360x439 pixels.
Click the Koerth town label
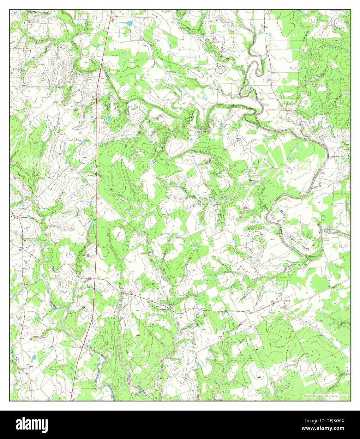click(24, 218)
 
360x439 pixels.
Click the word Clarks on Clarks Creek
click(54, 305)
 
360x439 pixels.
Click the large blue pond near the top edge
click(129, 23)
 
